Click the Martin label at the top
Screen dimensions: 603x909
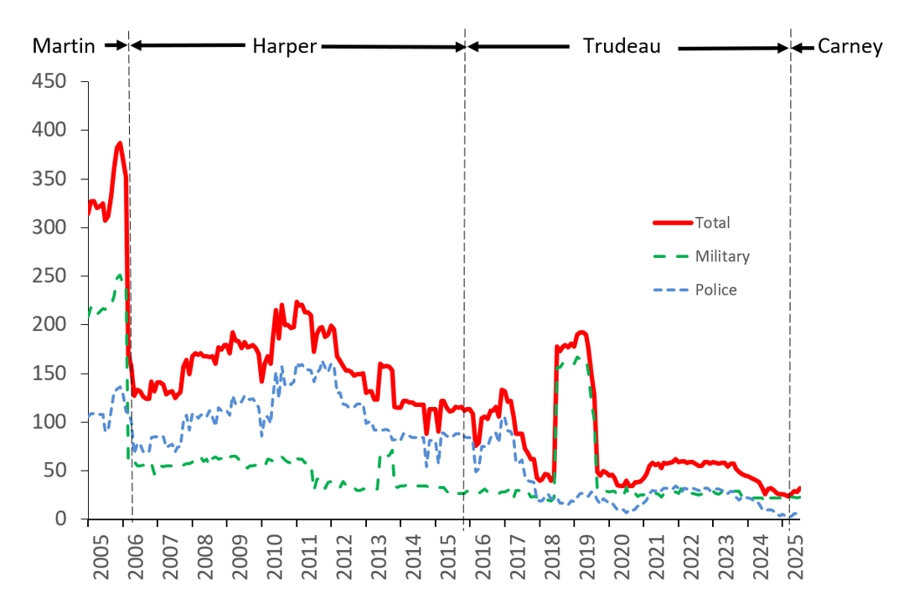point(64,46)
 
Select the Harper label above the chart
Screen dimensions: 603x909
point(285,46)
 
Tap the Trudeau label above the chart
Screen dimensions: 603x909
point(622,46)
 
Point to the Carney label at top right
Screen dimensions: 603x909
point(850,46)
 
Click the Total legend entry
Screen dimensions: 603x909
point(712,223)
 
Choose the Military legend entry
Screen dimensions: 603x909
point(722,256)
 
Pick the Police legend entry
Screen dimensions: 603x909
point(715,290)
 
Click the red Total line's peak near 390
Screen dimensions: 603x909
point(119,143)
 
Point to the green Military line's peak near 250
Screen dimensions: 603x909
point(119,275)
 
